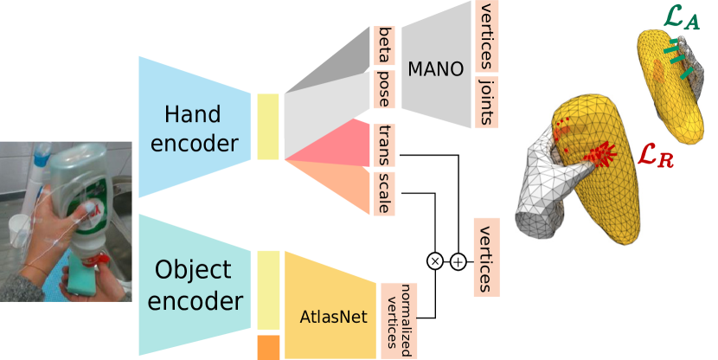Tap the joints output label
click(x=485, y=101)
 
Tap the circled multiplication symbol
click(x=435, y=260)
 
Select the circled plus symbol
click(x=458, y=260)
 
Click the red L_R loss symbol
click(x=655, y=156)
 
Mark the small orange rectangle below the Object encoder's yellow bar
click(x=268, y=347)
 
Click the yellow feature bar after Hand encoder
click(x=268, y=127)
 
